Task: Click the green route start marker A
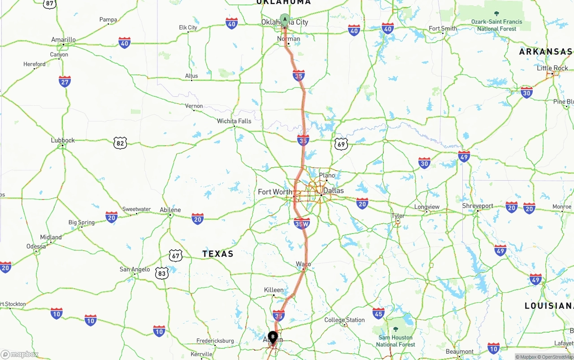(x=284, y=20)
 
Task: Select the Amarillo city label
(x=63, y=40)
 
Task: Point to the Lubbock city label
(x=63, y=140)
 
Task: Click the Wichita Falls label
(x=234, y=121)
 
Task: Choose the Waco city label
(x=304, y=264)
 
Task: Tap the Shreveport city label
(x=478, y=206)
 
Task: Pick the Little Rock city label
(x=552, y=68)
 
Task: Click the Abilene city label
(x=170, y=210)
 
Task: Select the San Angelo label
(x=135, y=269)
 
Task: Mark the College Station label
(x=344, y=320)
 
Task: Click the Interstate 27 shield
(x=65, y=82)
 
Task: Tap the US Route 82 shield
(x=120, y=143)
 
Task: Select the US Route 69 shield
(x=341, y=144)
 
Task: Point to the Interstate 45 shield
(x=378, y=313)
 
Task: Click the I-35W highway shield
(x=302, y=223)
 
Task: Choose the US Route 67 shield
(x=176, y=256)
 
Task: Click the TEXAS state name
(x=218, y=254)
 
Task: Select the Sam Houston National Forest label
(x=396, y=341)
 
